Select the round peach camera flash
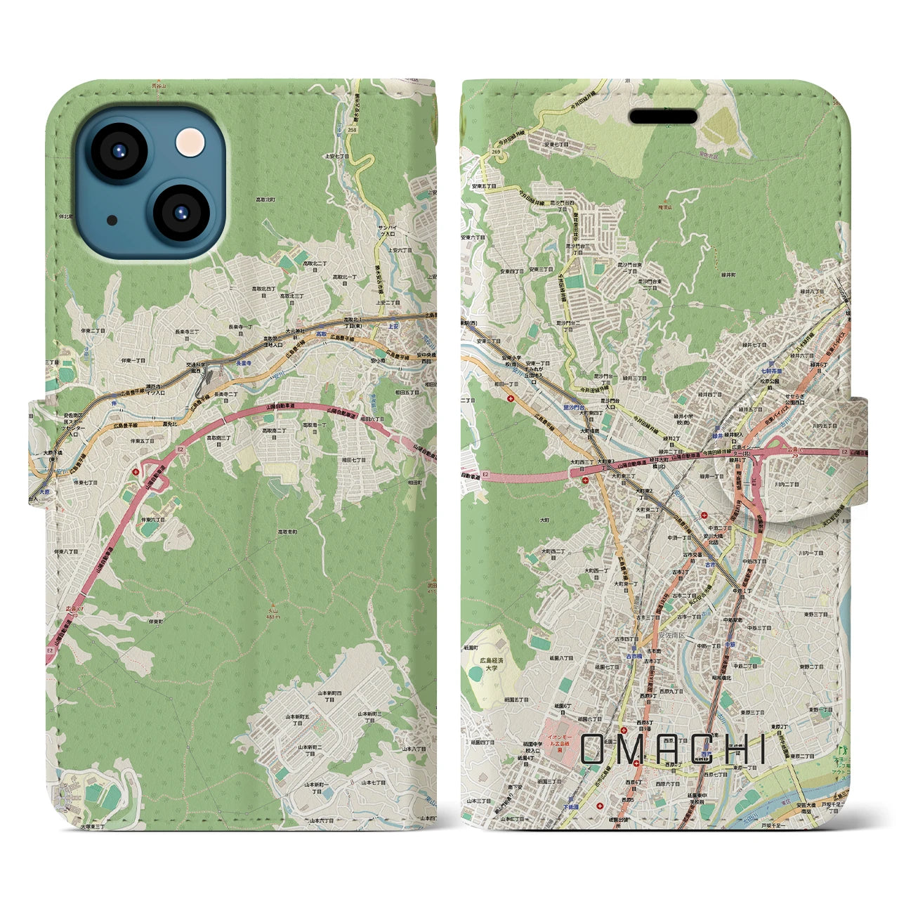point(191,143)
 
